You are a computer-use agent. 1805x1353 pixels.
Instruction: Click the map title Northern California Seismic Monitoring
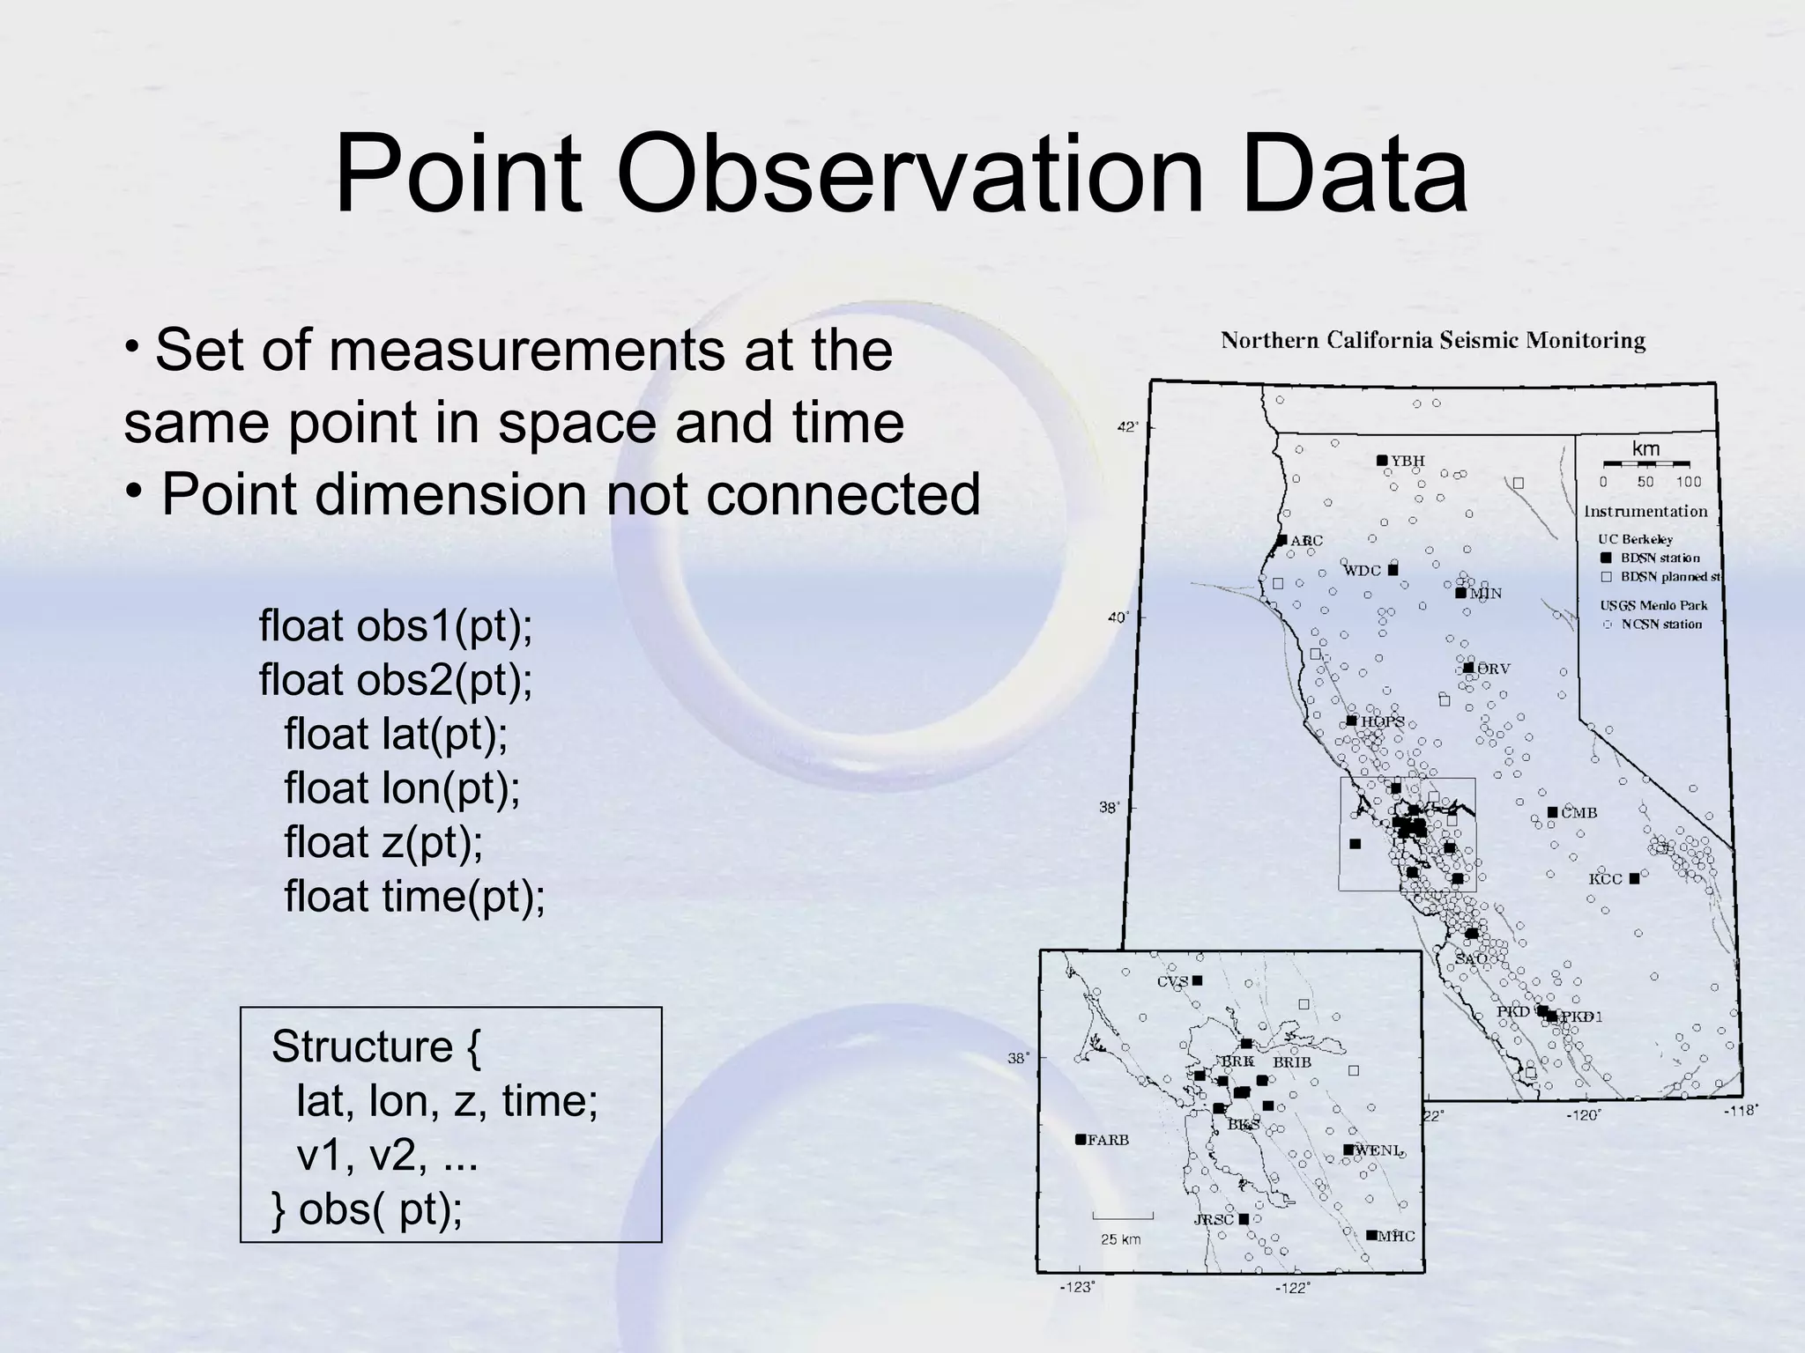pyautogui.click(x=1432, y=341)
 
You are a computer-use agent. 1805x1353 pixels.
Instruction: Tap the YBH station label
pyautogui.click(x=1408, y=461)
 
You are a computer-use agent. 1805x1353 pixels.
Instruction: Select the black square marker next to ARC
pyautogui.click(x=1282, y=540)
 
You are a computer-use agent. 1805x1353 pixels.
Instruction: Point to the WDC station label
pyautogui.click(x=1362, y=571)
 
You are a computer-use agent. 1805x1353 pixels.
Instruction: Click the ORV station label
pyautogui.click(x=1494, y=669)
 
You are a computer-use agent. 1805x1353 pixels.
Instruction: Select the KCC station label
pyautogui.click(x=1605, y=879)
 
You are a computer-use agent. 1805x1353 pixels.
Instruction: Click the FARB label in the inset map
pyautogui.click(x=1108, y=1140)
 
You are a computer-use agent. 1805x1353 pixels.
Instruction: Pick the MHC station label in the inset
pyautogui.click(x=1396, y=1237)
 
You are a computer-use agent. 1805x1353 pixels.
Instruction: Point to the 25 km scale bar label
pyautogui.click(x=1121, y=1239)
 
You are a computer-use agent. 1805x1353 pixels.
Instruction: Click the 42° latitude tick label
pyautogui.click(x=1128, y=427)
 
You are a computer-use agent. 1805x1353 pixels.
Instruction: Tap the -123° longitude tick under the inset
pyautogui.click(x=1077, y=1288)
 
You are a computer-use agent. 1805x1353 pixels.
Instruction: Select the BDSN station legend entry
pyautogui.click(x=1660, y=558)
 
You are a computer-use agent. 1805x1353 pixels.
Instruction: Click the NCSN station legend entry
pyautogui.click(x=1661, y=625)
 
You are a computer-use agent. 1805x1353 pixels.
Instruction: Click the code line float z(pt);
pyautogui.click(x=383, y=842)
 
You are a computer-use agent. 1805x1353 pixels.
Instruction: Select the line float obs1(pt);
pyautogui.click(x=396, y=626)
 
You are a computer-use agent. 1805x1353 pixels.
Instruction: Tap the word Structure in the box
pyautogui.click(x=362, y=1047)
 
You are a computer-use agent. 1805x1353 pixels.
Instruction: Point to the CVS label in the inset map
pyautogui.click(x=1172, y=982)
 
